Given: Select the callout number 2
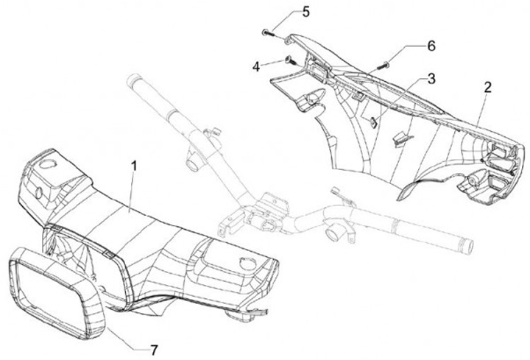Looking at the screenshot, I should (x=488, y=86).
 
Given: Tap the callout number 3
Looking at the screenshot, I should (x=431, y=78).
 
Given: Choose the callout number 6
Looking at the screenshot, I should (x=431, y=45).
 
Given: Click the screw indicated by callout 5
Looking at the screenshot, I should (x=267, y=32).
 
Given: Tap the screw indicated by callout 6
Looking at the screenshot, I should (x=382, y=67).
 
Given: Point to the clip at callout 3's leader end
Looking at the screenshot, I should (x=373, y=122).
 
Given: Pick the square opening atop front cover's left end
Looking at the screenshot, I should (x=50, y=164).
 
